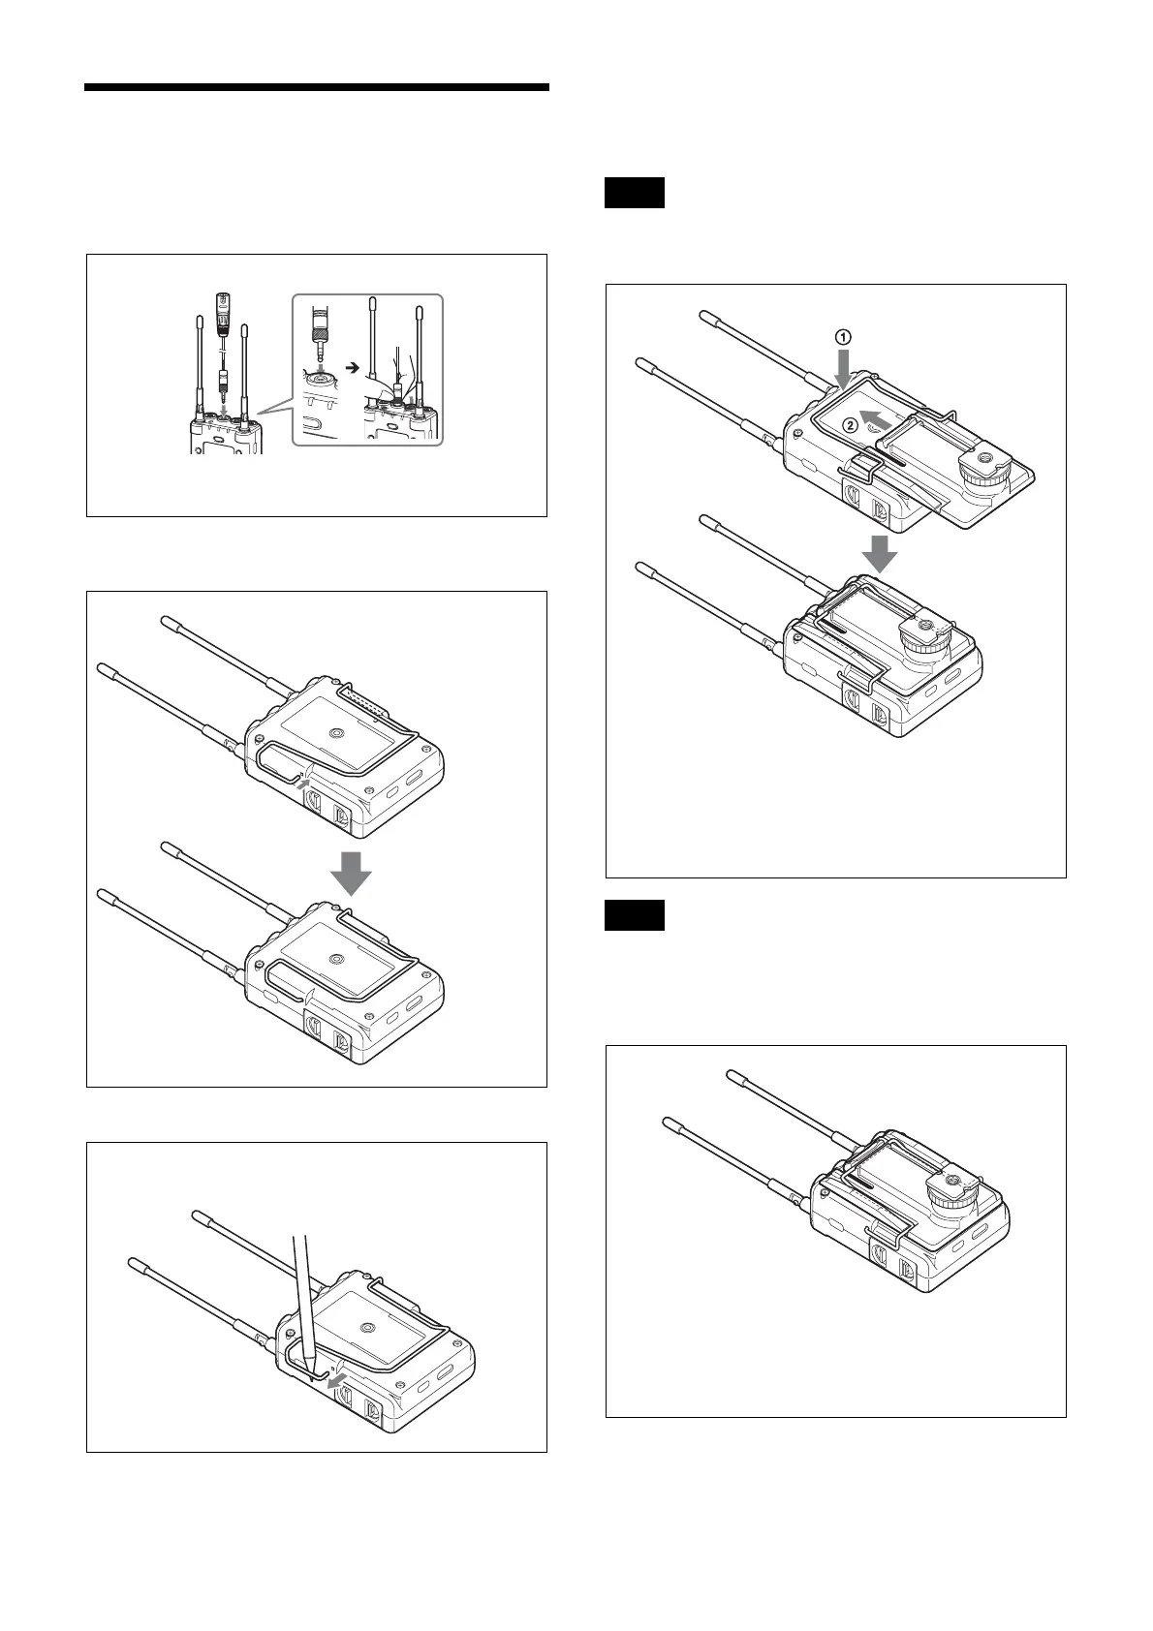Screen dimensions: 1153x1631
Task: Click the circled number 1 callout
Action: (x=843, y=337)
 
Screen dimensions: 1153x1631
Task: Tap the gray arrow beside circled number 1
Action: (x=844, y=369)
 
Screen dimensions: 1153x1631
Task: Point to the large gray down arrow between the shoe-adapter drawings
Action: (x=878, y=552)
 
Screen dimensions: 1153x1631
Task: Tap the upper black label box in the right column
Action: (x=635, y=193)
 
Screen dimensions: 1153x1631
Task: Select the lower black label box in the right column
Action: (x=635, y=915)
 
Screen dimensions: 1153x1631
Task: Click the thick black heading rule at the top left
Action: (x=317, y=87)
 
